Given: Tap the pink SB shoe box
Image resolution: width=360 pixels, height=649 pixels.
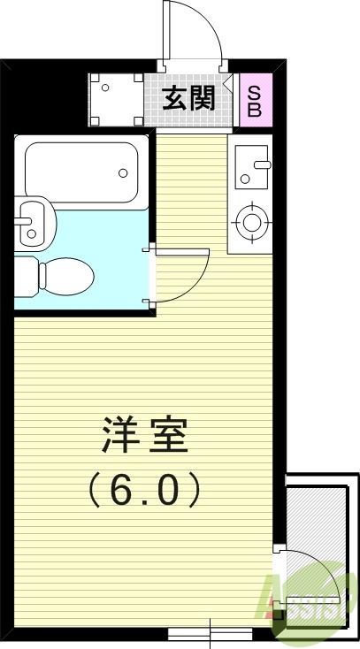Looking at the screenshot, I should point(254,98).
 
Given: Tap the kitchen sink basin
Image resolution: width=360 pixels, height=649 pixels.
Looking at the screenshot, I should point(255,167).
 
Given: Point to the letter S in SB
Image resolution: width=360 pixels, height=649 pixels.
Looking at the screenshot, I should point(254,90).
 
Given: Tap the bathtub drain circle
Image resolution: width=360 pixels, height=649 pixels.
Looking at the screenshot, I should point(121,172).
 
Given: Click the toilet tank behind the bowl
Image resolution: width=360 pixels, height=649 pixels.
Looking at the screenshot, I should point(25,275).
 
